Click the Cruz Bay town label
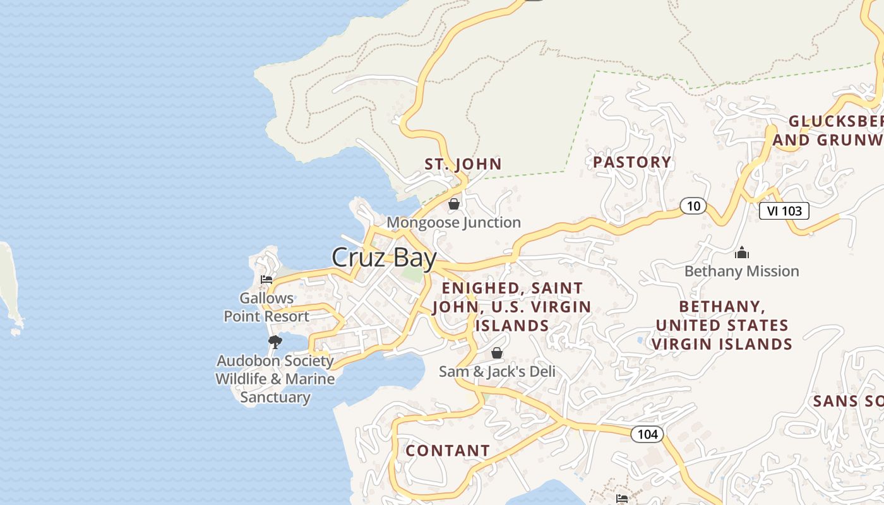384,258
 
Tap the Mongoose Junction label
453,222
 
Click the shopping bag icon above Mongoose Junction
453,204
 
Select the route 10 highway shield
693,206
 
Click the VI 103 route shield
784,211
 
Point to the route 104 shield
647,434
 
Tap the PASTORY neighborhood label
632,162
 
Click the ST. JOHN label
463,165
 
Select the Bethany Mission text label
742,271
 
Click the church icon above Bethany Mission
742,253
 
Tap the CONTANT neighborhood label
448,451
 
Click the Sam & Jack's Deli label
497,371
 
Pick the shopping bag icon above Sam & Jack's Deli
497,353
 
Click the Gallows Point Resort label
266,307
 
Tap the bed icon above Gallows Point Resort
266,280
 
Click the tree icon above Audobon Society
275,342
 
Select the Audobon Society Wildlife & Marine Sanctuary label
275,379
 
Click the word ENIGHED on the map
481,288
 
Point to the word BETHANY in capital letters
721,307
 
